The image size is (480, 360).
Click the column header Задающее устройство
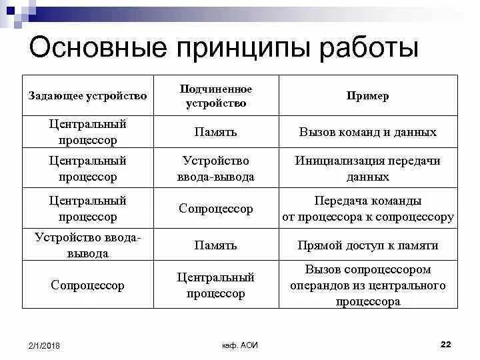coord(87,96)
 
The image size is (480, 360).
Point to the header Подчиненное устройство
coord(216,96)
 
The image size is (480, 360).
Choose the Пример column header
coord(367,96)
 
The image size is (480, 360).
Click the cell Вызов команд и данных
coord(367,132)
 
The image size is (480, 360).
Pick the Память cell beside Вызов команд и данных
coord(215,132)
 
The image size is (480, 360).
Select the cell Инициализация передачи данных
coord(367,169)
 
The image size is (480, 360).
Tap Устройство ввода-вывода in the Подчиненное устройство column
coord(215,169)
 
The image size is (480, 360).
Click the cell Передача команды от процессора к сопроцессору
coord(367,209)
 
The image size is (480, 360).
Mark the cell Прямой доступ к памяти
coord(367,245)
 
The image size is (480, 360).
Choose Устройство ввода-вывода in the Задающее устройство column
coord(87,245)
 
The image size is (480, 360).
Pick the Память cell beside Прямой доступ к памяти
coord(215,245)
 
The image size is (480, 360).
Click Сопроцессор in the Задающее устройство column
coord(87,285)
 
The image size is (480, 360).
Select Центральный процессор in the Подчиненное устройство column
coord(215,285)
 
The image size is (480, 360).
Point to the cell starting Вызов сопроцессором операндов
coord(367,285)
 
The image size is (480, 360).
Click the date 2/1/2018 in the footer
coord(44,345)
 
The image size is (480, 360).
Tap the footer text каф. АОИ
coord(240,345)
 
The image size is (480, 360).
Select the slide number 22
coord(446,344)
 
